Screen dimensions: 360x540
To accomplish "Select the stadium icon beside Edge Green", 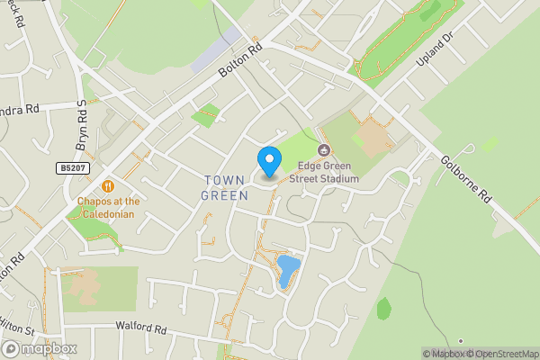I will tap(324, 149).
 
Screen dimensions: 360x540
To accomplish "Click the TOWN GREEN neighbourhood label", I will tap(224, 187).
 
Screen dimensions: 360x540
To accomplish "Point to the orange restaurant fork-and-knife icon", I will tap(108, 185).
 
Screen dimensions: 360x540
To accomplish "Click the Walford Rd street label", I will tap(141, 328).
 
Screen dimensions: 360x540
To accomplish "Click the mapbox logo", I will tap(40, 348).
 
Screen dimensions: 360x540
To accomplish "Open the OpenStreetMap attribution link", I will tap(505, 354).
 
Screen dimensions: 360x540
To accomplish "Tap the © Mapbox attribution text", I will tap(447, 354).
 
